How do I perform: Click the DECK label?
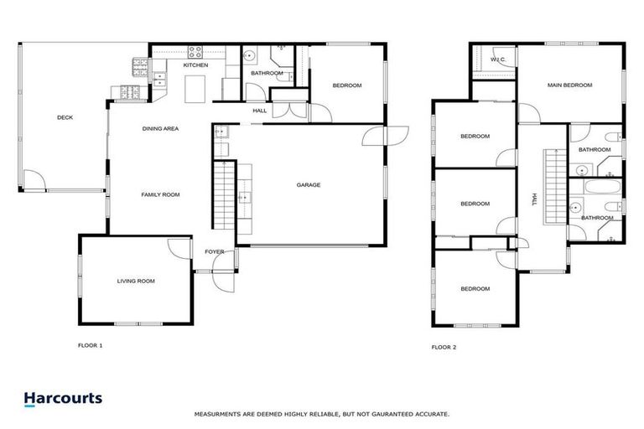[65, 117]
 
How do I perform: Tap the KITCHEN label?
[195, 65]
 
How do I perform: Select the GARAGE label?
[308, 185]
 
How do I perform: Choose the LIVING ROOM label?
[136, 282]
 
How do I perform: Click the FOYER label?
[215, 251]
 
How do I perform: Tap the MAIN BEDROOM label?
[569, 85]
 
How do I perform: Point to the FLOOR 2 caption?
[444, 346]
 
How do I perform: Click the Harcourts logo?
[63, 399]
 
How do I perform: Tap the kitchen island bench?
[196, 86]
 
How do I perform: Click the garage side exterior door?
[394, 134]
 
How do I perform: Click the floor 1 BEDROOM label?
[346, 86]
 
